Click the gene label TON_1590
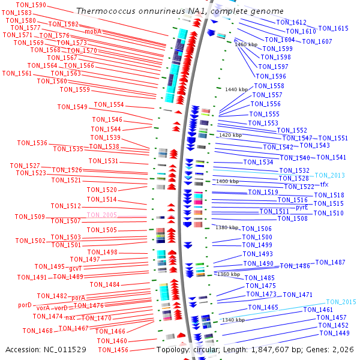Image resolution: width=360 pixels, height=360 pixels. point(31,5)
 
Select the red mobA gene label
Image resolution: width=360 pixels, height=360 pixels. point(93,31)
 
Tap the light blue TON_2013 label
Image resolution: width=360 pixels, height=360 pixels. point(329,175)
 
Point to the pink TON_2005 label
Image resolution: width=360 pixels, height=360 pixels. point(102,215)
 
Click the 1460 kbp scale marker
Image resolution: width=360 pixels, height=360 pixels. point(246,44)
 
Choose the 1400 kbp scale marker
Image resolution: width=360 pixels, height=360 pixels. point(227,181)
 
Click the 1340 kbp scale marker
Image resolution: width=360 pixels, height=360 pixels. point(233,320)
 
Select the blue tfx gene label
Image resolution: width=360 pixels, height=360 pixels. point(324,184)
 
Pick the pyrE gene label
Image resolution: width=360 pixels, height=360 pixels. point(302,208)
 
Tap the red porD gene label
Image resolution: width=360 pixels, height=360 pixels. point(25,305)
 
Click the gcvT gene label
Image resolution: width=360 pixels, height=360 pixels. point(76,268)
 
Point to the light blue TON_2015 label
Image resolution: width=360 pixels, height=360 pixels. point(341,302)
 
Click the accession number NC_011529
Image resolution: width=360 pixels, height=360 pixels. point(65,350)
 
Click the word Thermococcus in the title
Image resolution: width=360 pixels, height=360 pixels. point(106,11)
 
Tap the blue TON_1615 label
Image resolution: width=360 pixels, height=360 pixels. point(334,28)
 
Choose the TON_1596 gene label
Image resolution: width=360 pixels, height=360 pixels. point(271,76)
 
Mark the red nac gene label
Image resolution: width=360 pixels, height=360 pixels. point(70,318)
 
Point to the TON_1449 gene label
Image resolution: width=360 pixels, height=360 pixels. point(335,333)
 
